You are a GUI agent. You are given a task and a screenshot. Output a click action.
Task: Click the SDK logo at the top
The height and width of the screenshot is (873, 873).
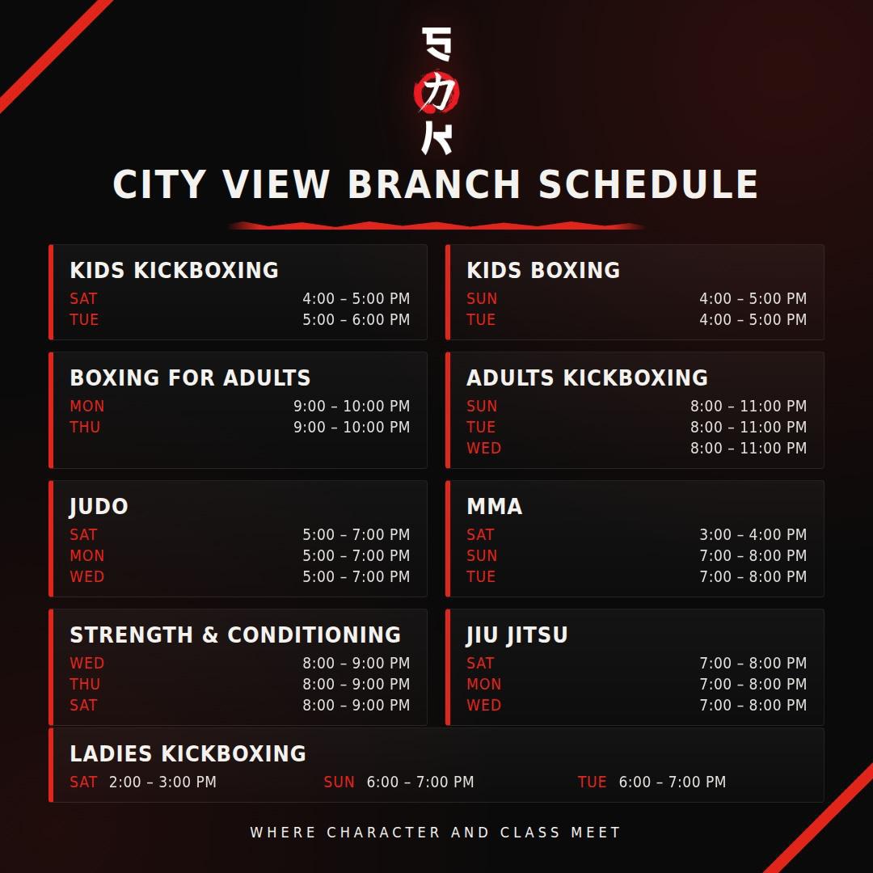(436, 91)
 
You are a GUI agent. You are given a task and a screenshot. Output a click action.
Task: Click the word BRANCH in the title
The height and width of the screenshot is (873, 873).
(434, 184)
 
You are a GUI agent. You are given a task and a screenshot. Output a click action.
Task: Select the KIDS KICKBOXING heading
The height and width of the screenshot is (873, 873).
(175, 270)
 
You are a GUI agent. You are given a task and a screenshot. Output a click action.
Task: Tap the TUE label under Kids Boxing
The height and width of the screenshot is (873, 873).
(480, 319)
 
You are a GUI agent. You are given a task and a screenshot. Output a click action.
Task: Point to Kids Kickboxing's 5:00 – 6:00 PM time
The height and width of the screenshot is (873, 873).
(356, 319)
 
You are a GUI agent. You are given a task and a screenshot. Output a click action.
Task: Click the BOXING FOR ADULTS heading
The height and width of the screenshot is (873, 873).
(191, 377)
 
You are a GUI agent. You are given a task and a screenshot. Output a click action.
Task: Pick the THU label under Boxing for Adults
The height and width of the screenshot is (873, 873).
(85, 427)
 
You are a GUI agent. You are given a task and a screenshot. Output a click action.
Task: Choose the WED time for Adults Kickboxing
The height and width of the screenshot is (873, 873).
(749, 448)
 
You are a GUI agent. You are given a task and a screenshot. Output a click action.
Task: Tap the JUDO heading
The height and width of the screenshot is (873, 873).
(99, 507)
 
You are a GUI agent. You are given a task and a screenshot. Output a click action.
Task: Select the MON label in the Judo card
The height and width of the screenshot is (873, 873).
(86, 555)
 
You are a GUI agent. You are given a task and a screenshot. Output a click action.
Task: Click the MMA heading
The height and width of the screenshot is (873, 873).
(495, 507)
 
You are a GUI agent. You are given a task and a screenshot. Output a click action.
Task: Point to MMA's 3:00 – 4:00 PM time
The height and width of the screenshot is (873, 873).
(753, 534)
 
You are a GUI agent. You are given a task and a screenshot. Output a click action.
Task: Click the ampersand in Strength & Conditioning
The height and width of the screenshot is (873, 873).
(210, 635)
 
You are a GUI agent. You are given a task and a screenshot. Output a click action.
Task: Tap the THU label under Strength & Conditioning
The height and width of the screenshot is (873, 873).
(85, 685)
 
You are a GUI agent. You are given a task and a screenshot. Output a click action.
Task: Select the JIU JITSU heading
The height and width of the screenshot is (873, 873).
(517, 635)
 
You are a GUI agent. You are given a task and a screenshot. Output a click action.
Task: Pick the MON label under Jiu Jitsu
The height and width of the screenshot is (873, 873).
(484, 685)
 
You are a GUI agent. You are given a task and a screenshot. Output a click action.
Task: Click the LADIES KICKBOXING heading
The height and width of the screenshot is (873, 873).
(188, 754)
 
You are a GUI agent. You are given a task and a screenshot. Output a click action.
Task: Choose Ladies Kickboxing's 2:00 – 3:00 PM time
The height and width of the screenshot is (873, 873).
(162, 782)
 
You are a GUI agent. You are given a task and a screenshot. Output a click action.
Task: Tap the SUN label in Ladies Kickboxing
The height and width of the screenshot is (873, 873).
(339, 782)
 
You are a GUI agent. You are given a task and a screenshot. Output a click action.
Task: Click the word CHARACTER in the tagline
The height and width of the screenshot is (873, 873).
(384, 833)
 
